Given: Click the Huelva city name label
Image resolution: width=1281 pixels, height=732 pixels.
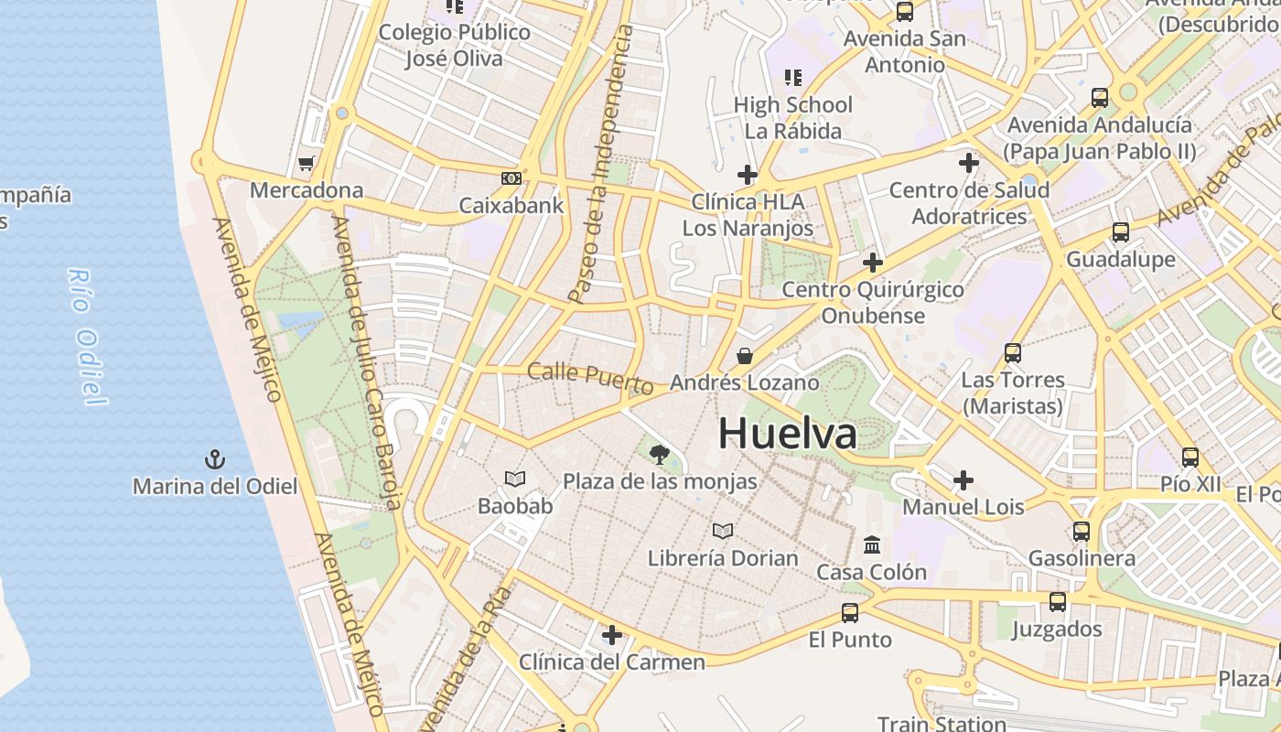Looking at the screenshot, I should click(787, 433).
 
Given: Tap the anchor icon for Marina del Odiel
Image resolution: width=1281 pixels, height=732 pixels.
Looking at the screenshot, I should click(215, 458).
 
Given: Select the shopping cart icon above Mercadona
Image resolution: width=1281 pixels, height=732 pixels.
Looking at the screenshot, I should click(307, 164).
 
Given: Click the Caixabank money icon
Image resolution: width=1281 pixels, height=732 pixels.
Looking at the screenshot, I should click(511, 178).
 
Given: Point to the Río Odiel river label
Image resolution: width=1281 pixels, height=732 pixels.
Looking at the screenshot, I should click(87, 337).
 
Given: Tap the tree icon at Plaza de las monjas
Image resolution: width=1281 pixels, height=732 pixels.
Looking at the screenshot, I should click(659, 454).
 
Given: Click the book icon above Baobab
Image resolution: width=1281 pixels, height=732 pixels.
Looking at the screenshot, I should click(515, 479).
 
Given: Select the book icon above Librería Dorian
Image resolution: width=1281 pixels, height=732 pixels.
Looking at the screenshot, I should click(723, 531).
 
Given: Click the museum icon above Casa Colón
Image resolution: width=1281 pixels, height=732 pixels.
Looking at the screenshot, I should click(872, 545).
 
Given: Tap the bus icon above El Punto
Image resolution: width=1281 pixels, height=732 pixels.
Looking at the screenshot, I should click(850, 612).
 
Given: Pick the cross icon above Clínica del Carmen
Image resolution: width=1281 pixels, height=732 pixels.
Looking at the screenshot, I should click(611, 634).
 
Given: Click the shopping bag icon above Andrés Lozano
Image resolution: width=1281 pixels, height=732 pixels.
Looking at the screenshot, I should click(745, 356).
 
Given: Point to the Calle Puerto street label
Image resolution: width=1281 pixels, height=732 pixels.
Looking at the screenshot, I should click(590, 378).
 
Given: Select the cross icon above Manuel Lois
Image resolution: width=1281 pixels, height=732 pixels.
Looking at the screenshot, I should click(963, 479).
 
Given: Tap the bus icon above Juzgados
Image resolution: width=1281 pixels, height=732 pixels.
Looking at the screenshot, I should click(1058, 601).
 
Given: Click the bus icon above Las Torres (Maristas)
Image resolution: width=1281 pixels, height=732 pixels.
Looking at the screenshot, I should click(1012, 352).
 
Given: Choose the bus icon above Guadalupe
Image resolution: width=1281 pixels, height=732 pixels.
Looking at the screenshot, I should click(1120, 232).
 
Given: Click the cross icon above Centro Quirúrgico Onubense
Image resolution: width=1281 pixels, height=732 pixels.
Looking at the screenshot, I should click(873, 263).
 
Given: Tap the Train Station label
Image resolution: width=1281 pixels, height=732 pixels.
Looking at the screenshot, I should click(942, 723).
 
